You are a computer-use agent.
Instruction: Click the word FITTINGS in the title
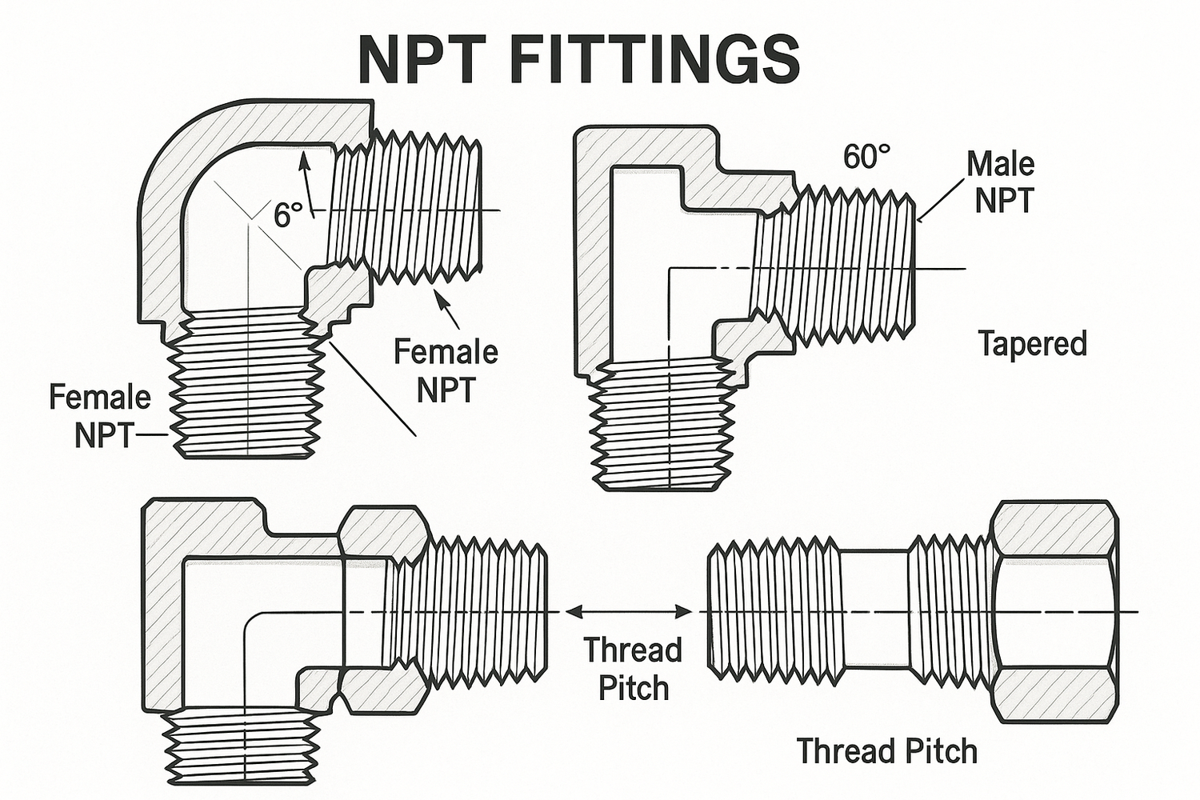coord(654,58)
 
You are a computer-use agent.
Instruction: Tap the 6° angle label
coord(288,214)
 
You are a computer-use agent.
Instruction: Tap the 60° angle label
coord(866,158)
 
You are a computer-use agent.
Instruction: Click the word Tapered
coord(1032,344)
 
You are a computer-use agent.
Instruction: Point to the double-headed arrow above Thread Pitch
coord(629,612)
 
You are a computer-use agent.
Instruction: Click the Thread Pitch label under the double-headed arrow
coord(632,668)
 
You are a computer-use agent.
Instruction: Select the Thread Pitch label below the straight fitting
coord(887,751)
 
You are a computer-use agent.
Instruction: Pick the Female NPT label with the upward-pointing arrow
coord(446,370)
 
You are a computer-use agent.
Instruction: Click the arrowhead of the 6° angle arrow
coord(303,158)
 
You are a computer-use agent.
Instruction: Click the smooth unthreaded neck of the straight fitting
coord(875,608)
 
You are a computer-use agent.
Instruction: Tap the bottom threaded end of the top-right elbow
coord(662,424)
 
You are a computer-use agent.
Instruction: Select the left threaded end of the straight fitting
coord(774,610)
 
